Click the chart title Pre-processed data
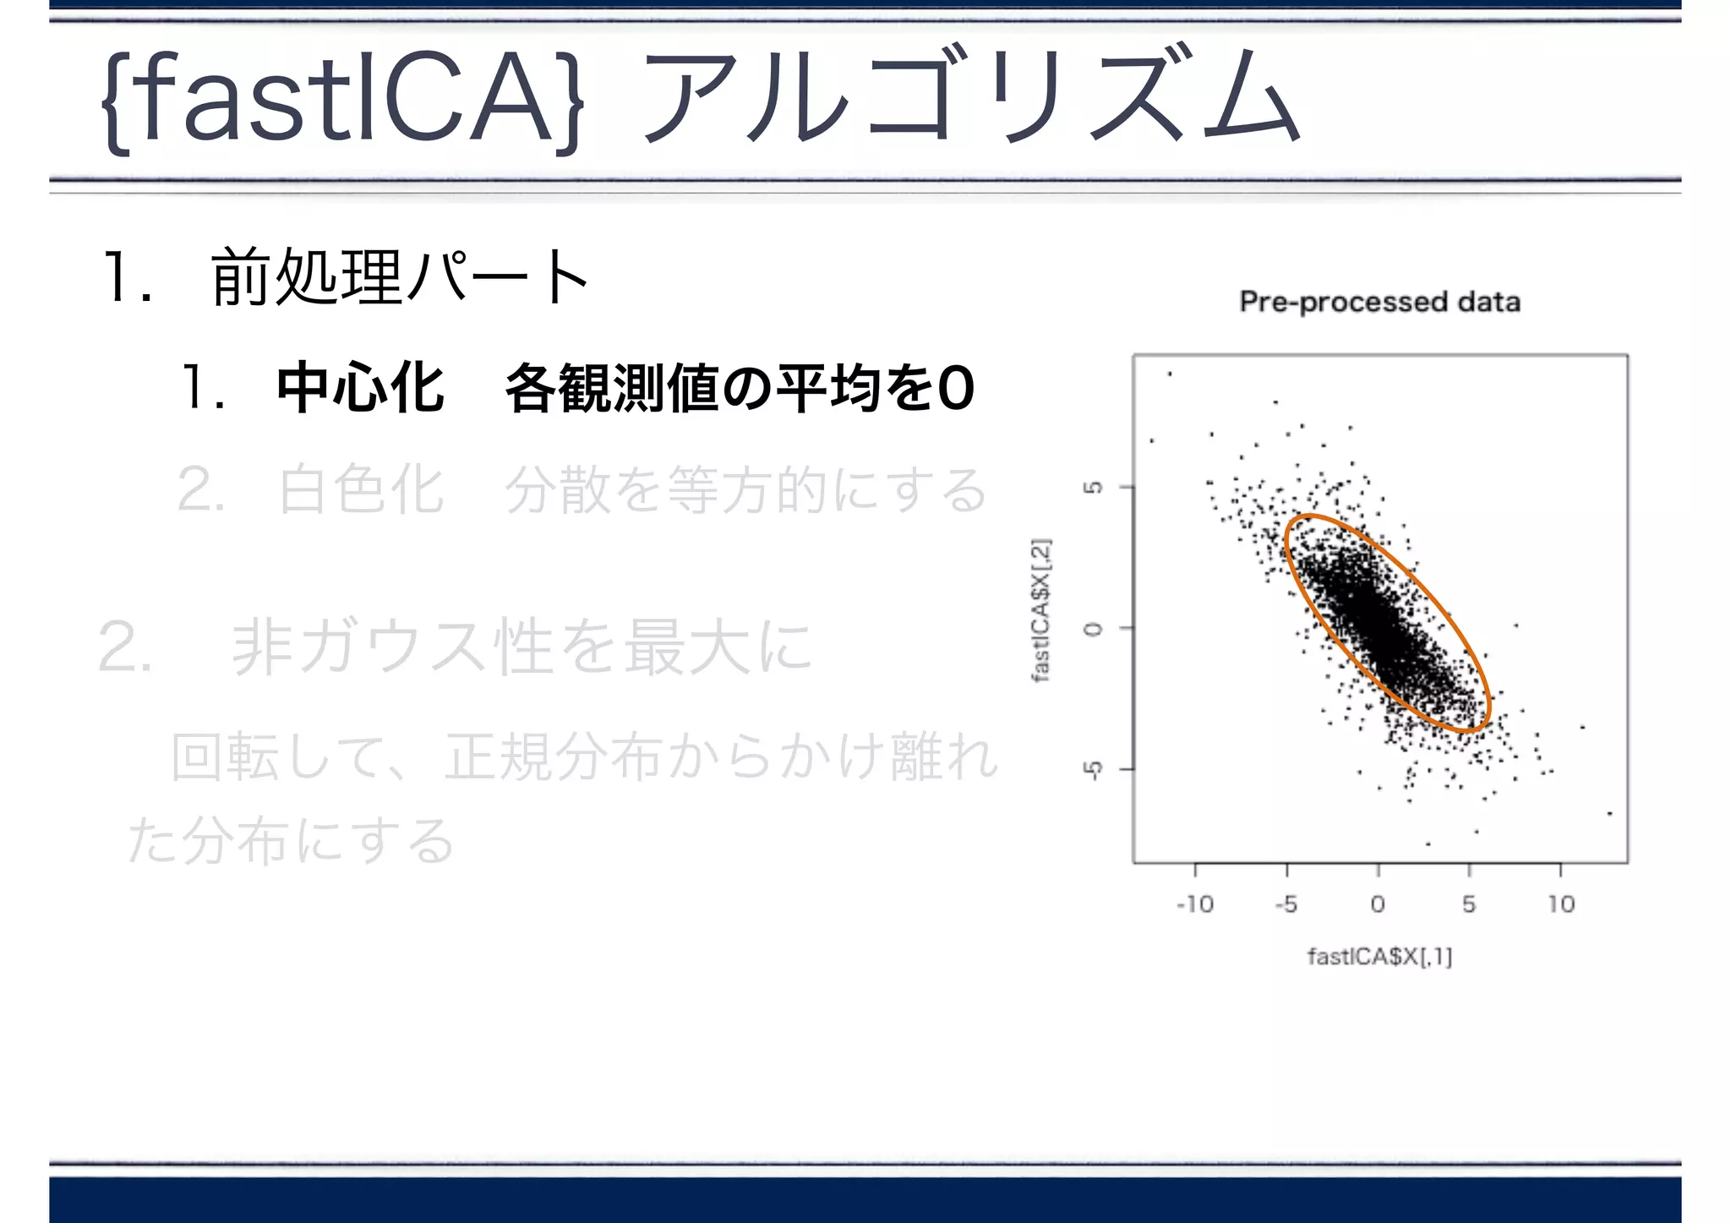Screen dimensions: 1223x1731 (1379, 302)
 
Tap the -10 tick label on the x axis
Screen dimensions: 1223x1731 (1194, 904)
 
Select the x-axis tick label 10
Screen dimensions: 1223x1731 (1560, 904)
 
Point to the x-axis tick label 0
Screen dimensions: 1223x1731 (1378, 904)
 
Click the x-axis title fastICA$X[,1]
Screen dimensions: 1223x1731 (1379, 957)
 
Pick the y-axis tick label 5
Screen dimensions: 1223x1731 (1094, 487)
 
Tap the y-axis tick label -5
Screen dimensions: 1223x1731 (1094, 769)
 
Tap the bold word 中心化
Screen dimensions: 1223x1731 (360, 389)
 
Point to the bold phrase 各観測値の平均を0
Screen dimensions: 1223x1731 (740, 389)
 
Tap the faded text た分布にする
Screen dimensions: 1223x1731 (292, 841)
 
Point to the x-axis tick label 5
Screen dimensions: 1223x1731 (1469, 904)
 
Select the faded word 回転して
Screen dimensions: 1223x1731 (279, 756)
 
